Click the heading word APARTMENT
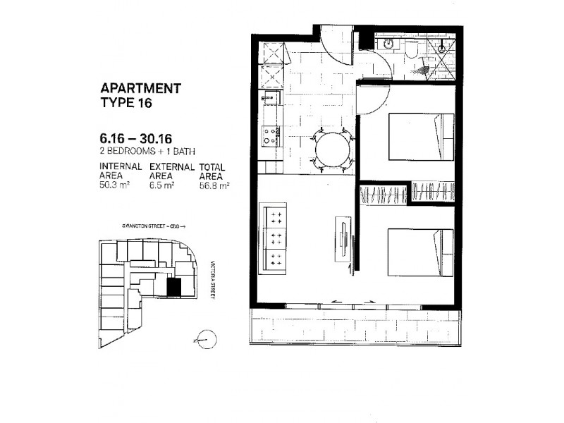(141, 89)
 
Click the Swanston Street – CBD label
(152, 228)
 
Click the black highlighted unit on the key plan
(173, 287)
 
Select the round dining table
(332, 149)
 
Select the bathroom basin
(388, 44)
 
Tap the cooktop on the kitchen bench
(271, 135)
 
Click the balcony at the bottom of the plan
(356, 326)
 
